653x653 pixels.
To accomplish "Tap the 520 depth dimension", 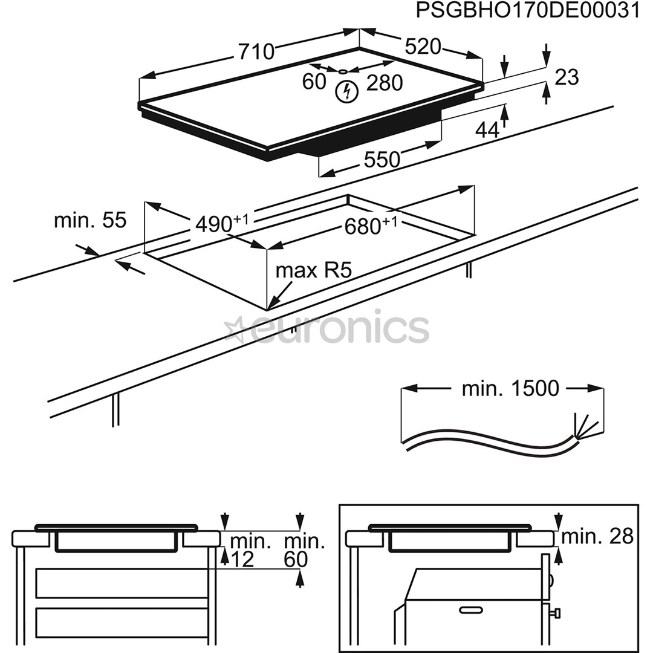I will tap(423, 47).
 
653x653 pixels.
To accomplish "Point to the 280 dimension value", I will tap(385, 83).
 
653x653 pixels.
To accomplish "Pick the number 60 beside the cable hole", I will tap(314, 82).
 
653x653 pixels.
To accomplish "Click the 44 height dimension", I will tap(487, 129).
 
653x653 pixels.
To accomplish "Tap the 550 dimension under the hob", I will tap(382, 160).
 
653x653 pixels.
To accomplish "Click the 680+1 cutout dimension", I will tap(371, 226).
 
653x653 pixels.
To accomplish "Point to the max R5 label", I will tap(313, 270).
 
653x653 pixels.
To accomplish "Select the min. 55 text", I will tap(90, 220).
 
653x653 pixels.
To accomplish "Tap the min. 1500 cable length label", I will tap(510, 389).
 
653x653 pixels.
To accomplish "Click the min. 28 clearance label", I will tap(597, 536).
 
